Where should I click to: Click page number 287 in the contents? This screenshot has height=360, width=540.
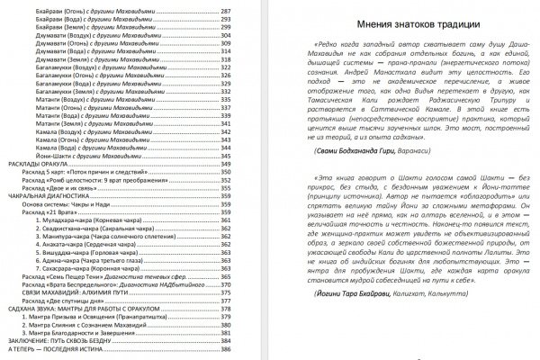[249, 6]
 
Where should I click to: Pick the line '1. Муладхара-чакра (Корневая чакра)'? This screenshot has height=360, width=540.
[85, 220]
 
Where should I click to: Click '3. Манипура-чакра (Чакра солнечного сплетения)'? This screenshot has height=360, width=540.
[104, 235]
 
